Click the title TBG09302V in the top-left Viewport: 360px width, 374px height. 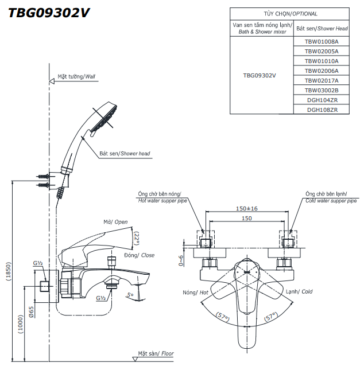(x=49, y=13)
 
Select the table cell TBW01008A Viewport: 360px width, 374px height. (x=322, y=41)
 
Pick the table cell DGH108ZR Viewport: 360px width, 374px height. (x=322, y=110)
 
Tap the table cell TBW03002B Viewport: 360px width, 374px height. (x=322, y=90)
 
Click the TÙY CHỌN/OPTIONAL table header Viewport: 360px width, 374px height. (x=291, y=14)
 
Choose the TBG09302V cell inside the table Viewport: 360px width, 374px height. (x=260, y=76)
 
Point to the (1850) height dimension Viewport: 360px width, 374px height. (x=9, y=271)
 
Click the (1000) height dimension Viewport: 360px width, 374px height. (x=21, y=324)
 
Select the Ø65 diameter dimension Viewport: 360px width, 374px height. (x=31, y=312)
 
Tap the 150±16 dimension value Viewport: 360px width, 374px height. (x=247, y=208)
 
